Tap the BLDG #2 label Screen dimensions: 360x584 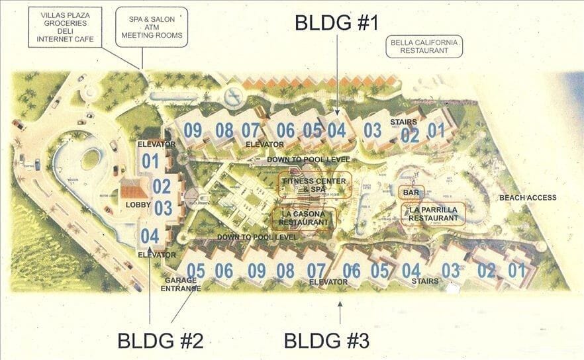tap(160, 341)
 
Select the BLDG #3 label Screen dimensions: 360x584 tap(326, 341)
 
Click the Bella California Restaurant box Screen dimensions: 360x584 tap(424, 47)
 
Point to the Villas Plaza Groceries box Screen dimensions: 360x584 tap(61, 27)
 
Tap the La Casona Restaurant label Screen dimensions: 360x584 tap(304, 218)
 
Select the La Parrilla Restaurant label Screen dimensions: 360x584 tap(434, 214)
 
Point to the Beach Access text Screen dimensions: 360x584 tap(528, 197)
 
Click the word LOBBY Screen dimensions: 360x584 tap(139, 205)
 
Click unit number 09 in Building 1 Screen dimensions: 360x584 tap(193, 130)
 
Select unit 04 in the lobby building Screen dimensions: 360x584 tap(150, 235)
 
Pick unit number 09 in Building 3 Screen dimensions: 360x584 tap(256, 270)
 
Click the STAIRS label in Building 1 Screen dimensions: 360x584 tap(403, 122)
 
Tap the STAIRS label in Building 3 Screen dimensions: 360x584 tap(425, 281)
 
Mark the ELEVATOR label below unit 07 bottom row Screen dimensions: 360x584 tap(328, 282)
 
